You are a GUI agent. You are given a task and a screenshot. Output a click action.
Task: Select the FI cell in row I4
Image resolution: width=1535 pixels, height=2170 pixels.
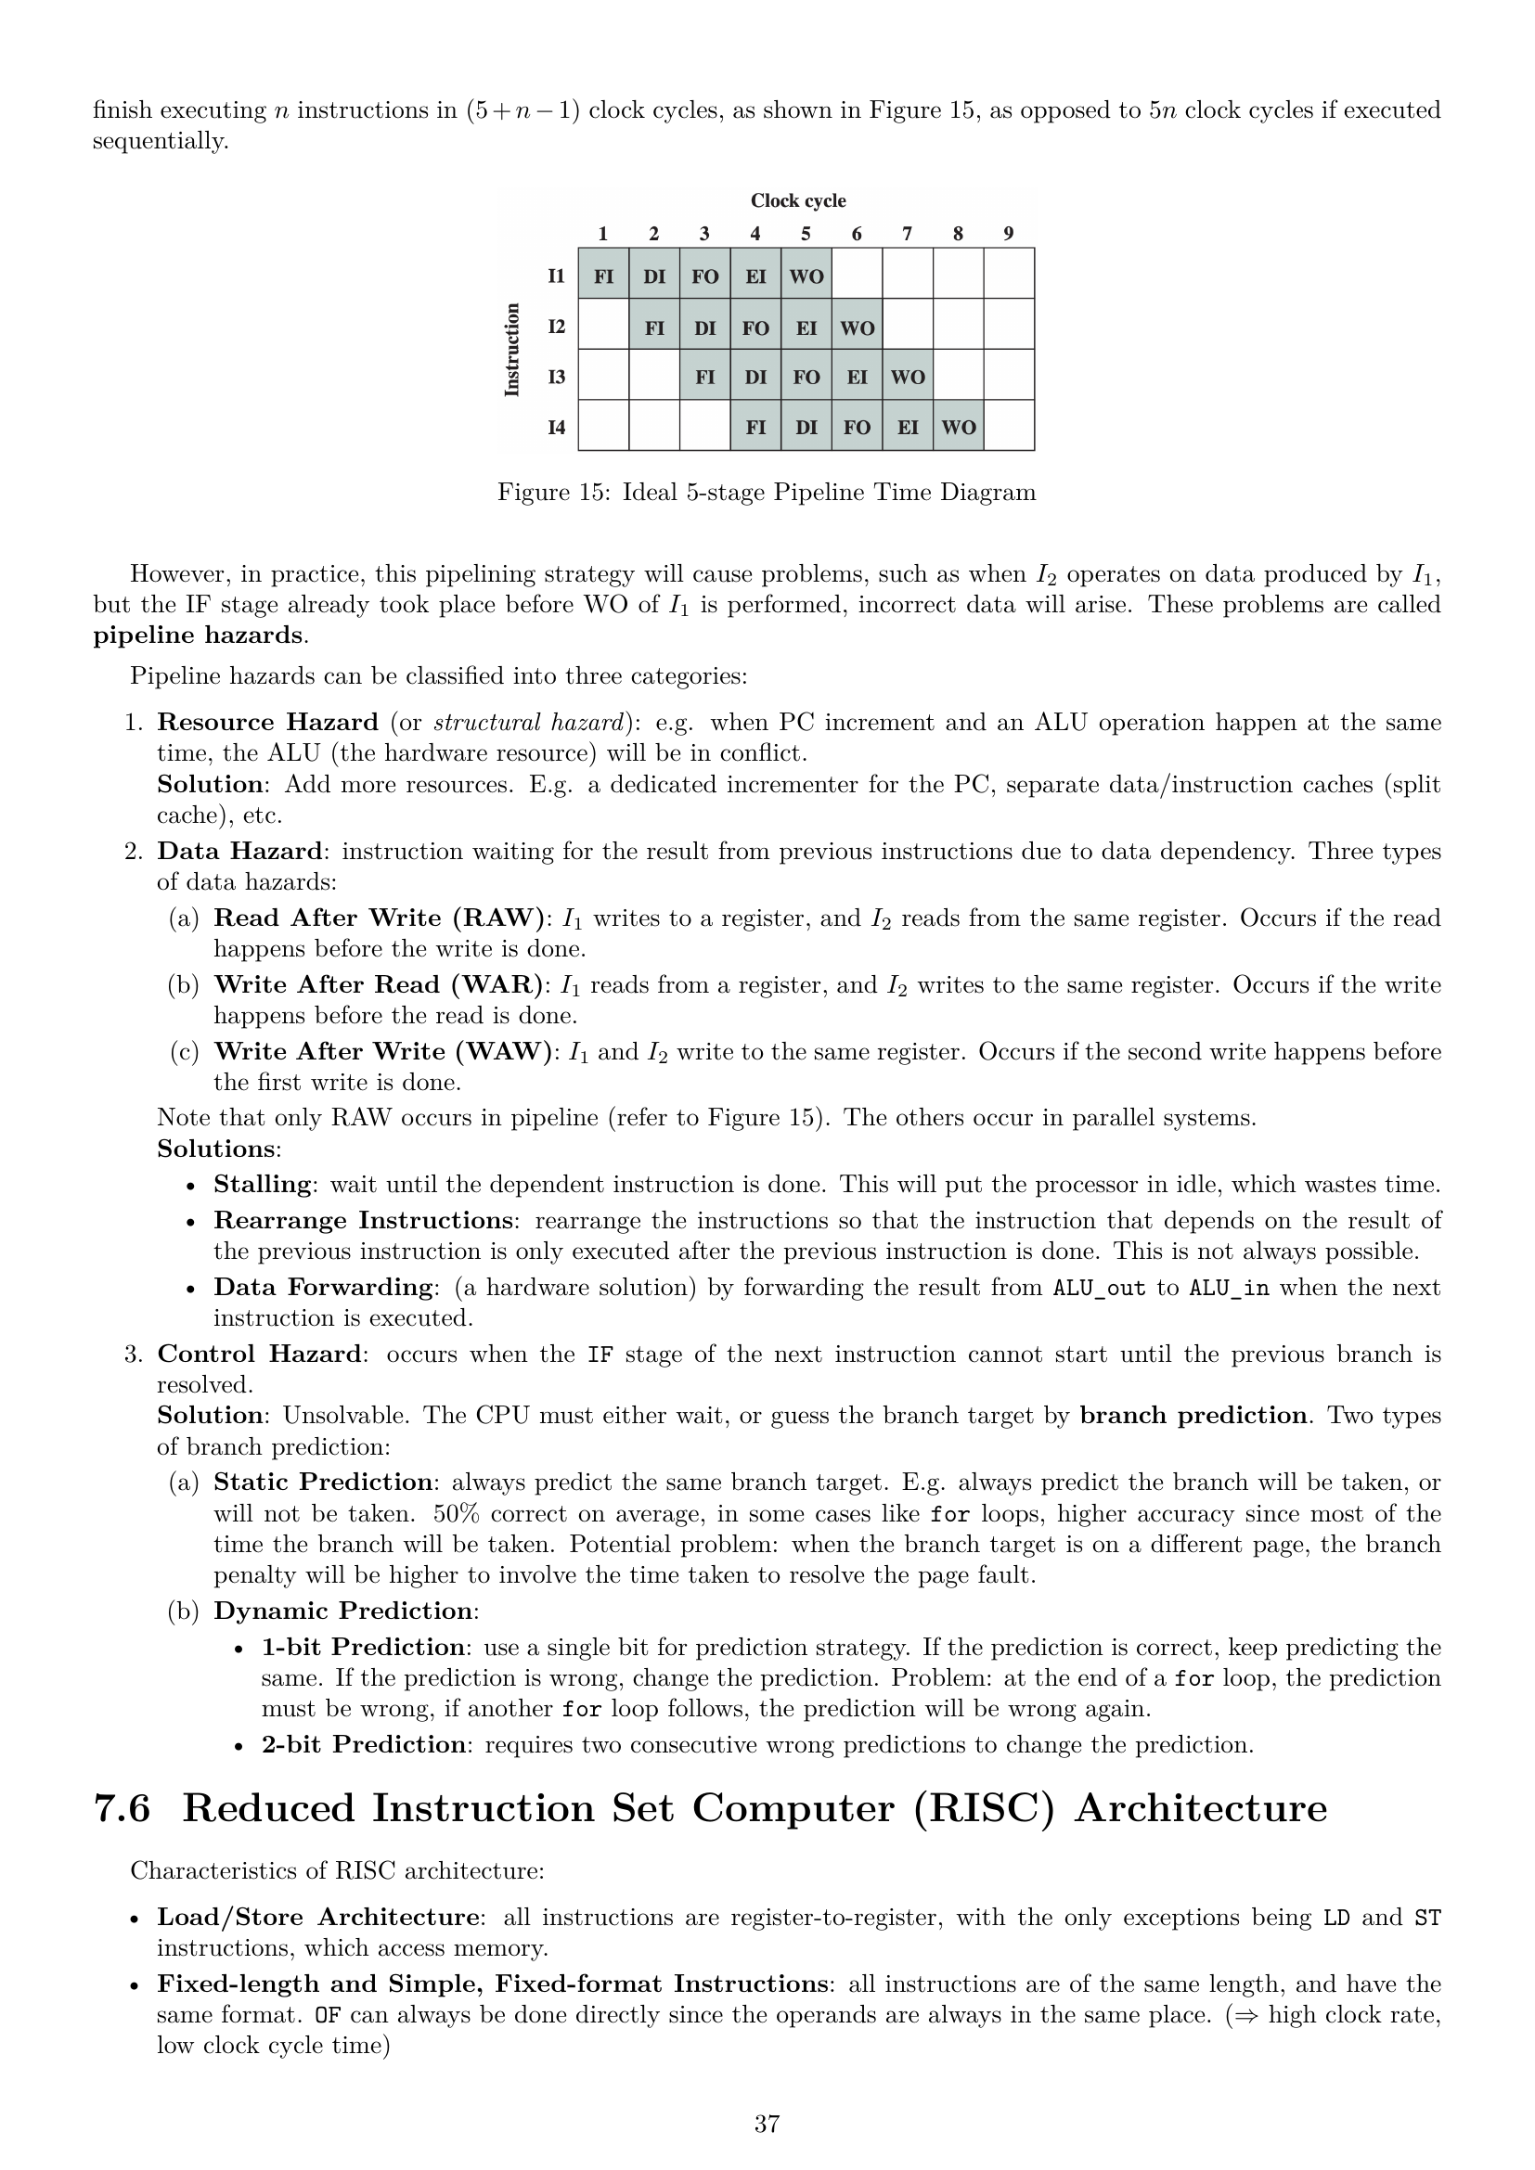[755, 427]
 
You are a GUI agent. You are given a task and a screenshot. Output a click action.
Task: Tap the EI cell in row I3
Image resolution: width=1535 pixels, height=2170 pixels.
[857, 376]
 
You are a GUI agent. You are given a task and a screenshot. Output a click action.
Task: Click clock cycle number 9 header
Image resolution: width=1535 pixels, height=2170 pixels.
[1009, 234]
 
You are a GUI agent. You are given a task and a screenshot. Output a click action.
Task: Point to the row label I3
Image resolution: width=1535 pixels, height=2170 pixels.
[557, 376]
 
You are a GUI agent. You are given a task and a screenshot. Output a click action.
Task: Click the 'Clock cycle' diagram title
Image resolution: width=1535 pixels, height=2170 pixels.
[798, 200]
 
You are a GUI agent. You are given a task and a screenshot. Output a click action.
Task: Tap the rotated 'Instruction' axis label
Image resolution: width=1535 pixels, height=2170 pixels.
[512, 349]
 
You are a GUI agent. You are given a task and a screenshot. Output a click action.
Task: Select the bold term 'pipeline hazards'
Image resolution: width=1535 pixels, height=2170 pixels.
[198, 636]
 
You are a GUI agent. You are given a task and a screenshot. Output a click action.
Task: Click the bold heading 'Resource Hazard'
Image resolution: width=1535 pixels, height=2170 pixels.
[267, 723]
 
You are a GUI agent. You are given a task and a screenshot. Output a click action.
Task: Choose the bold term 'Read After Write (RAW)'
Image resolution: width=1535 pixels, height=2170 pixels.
[380, 918]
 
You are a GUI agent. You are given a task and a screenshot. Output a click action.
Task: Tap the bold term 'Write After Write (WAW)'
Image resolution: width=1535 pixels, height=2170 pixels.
[382, 1052]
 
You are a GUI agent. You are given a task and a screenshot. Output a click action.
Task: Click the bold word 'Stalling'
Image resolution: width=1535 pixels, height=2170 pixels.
[263, 1184]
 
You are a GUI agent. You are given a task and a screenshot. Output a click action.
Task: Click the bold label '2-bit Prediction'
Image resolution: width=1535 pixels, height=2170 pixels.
[364, 1745]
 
